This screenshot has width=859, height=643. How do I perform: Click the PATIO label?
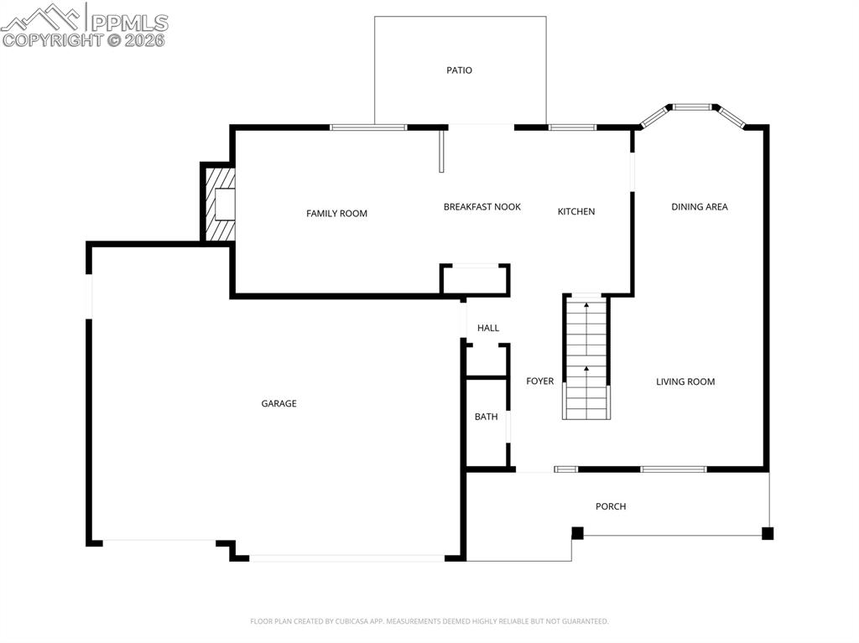click(459, 70)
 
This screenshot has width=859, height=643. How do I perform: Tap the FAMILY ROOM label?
click(336, 214)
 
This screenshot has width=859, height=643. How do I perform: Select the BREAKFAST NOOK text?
click(482, 207)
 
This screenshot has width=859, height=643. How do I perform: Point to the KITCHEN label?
click(576, 212)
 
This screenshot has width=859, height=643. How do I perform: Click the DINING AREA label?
click(700, 207)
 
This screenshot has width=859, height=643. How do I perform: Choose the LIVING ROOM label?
click(685, 382)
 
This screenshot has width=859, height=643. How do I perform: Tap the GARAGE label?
click(279, 404)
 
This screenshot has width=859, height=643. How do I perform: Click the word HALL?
click(488, 329)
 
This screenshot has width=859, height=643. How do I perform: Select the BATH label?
click(486, 417)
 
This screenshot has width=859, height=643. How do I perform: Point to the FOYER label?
click(539, 381)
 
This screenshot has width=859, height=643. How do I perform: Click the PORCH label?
click(611, 506)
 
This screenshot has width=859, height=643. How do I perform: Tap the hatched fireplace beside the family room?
click(220, 204)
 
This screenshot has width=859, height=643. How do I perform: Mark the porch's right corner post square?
click(768, 533)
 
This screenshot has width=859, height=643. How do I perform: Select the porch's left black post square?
click(577, 533)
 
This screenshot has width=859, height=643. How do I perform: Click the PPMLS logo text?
click(128, 22)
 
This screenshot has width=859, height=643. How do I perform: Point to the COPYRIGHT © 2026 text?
click(84, 40)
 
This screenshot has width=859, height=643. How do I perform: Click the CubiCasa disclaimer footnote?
click(429, 621)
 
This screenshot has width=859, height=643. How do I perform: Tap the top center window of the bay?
click(693, 107)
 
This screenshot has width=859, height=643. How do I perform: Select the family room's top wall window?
click(368, 127)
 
